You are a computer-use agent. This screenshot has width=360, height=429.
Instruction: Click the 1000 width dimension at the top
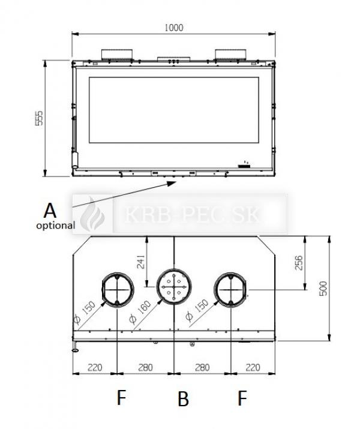174,28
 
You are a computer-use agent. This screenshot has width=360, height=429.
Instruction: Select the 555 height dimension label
40,118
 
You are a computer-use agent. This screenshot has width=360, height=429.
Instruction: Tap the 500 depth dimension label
323,288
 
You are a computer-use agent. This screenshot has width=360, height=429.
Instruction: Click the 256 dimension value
299,263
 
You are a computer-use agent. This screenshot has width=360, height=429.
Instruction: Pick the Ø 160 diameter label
140,312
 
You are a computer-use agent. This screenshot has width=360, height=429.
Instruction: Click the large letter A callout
50,211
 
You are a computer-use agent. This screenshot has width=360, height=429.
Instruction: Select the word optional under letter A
56,226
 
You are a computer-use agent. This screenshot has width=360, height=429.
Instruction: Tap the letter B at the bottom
183,398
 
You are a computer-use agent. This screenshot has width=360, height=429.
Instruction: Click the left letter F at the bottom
121,398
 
